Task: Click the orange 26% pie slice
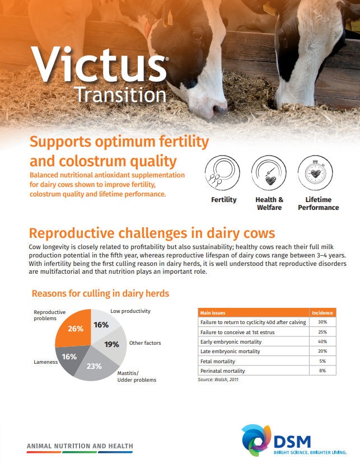coord(74,329)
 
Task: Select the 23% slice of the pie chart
coord(95,365)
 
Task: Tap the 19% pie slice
coord(113,345)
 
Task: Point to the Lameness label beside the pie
coord(45,362)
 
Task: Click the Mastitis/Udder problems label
coord(137,377)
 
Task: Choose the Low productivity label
coord(130,311)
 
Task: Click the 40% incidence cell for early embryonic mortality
coord(322,341)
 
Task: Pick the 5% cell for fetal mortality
coord(322,361)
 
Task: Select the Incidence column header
coord(322,313)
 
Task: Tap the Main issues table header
coord(213,313)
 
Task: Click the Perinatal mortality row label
coord(223,371)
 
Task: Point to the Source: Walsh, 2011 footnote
coord(218,379)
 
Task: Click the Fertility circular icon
coord(222,173)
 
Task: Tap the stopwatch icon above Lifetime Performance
coord(315,173)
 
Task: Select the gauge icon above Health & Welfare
coord(269,173)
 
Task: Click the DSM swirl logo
coord(256,440)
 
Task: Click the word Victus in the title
coord(99,64)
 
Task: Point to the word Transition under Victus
coord(120,95)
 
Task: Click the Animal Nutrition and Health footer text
coord(80,446)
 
